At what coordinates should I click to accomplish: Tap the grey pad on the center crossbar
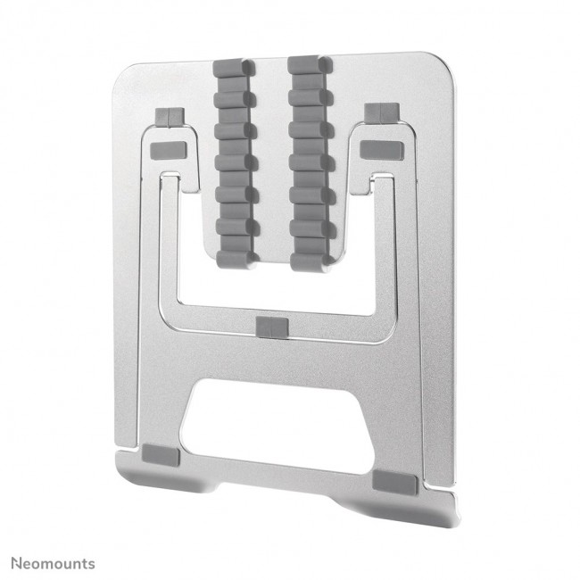(269, 327)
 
